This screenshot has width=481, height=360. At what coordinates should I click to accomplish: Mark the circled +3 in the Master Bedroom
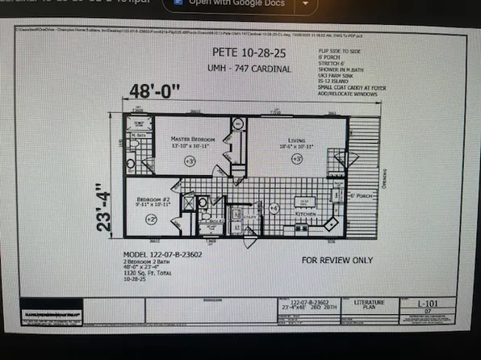point(190,162)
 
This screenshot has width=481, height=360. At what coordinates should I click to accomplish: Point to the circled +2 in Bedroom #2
point(151,219)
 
